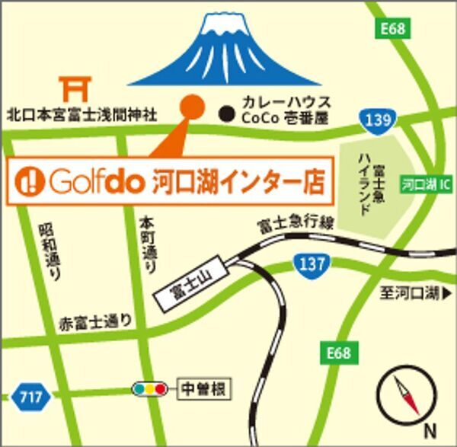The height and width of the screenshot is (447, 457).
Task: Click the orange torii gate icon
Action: [x=75, y=90]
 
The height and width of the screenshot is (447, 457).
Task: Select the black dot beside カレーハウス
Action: [x=225, y=114]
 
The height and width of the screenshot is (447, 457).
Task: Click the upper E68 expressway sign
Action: [x=395, y=29]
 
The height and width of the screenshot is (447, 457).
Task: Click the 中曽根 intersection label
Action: [x=203, y=389]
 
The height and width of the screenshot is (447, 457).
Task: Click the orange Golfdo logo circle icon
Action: [x=30, y=181]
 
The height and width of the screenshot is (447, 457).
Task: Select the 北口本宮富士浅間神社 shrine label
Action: [x=81, y=115]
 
